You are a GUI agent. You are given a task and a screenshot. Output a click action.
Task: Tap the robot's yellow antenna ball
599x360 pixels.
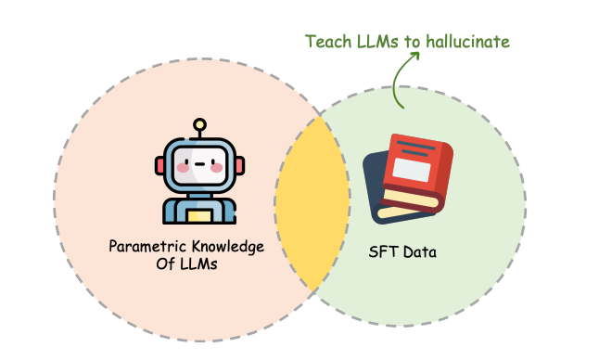199,123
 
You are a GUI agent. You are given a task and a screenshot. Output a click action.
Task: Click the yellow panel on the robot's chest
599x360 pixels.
199,216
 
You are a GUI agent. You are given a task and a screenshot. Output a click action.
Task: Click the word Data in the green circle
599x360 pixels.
418,251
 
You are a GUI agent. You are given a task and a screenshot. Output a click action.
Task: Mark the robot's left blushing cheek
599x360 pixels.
183,169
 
